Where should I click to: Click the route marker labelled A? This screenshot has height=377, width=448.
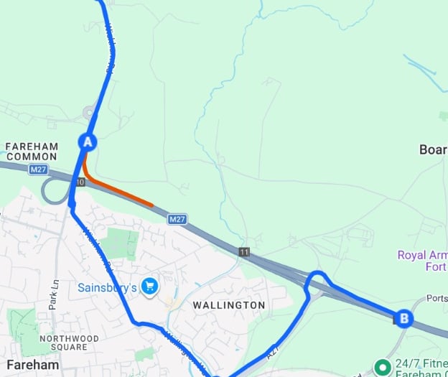(x=88, y=141)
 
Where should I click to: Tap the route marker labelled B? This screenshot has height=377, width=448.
(x=404, y=318)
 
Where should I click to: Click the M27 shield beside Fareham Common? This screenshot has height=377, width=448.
(x=39, y=169)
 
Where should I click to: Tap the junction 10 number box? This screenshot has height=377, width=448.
(x=80, y=182)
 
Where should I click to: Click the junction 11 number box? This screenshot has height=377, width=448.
(x=245, y=252)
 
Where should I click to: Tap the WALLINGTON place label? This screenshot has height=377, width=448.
(x=229, y=305)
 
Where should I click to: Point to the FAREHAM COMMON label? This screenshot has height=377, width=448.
(x=32, y=152)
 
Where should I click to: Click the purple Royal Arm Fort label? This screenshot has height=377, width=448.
(x=422, y=261)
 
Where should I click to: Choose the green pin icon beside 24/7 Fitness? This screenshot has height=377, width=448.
(x=383, y=367)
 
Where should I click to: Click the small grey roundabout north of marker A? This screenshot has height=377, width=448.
(x=90, y=112)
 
